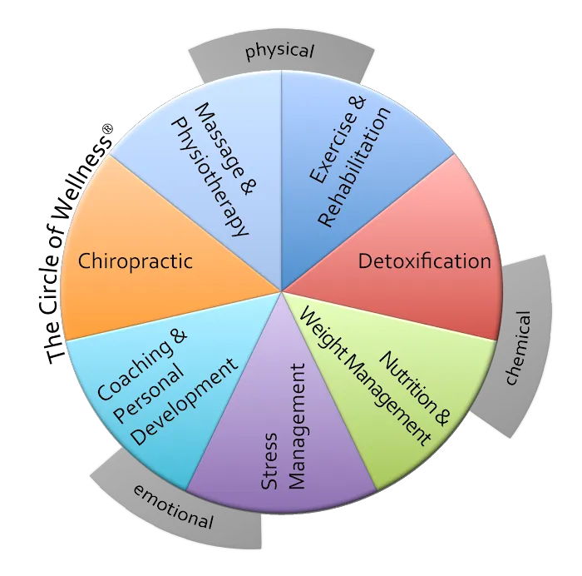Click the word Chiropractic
[136, 261]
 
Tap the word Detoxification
[424, 261]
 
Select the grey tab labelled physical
[280, 52]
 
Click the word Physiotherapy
[209, 176]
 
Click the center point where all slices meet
[282, 291]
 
